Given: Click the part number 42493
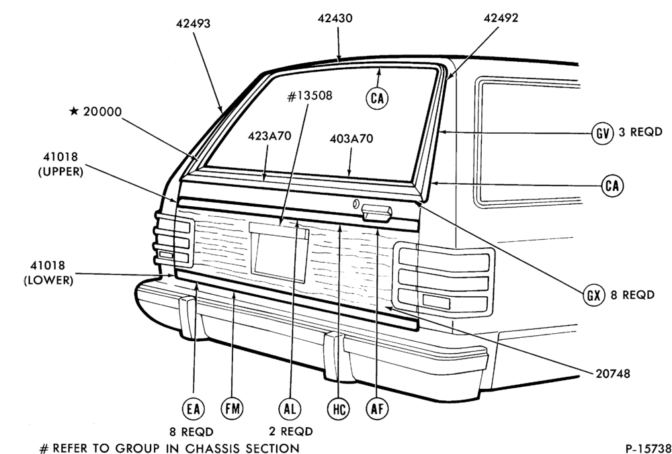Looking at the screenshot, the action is coord(194,24).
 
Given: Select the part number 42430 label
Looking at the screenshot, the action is coord(335,18).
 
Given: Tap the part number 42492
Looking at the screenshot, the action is coord(501,18).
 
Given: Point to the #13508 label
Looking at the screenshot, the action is coord(309,95).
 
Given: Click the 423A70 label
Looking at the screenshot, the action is coord(269,136).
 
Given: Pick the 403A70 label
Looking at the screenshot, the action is coord(351,139).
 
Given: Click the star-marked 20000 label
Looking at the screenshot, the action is coord(95,111).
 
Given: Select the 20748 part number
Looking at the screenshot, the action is coord(613,374).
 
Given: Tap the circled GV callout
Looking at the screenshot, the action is coord(602,133).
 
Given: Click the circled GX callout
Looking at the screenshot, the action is coord(593,295).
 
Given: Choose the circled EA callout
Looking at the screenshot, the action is coord(193,410).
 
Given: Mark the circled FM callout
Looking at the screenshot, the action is coord(231,409).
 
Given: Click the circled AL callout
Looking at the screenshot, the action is coord(289,409).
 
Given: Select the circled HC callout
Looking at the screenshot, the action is coord(338,410).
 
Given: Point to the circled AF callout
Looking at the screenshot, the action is coord(377,409).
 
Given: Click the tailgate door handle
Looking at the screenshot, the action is coord(376,213).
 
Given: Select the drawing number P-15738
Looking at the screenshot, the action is coord(648,448).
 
